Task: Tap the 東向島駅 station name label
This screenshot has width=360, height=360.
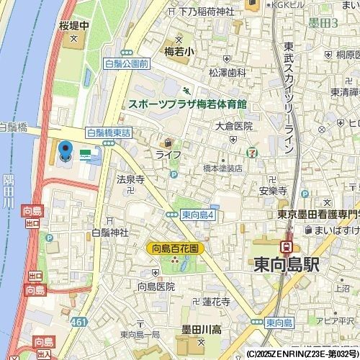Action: (x=287, y=264)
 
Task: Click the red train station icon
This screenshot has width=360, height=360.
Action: (x=287, y=247)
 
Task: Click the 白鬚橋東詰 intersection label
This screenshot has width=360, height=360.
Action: (x=108, y=132)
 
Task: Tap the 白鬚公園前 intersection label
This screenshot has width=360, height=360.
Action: (x=126, y=64)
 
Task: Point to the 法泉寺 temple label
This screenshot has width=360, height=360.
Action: (x=130, y=179)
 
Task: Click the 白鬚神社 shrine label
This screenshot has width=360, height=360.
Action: (x=109, y=233)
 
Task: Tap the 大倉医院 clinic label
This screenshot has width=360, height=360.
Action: (x=234, y=126)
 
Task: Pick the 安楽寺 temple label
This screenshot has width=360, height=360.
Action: (x=273, y=192)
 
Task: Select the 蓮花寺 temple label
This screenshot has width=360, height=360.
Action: (x=215, y=302)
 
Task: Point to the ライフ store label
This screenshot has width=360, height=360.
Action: (x=168, y=155)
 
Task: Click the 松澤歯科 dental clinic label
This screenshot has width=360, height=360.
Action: (x=228, y=73)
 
